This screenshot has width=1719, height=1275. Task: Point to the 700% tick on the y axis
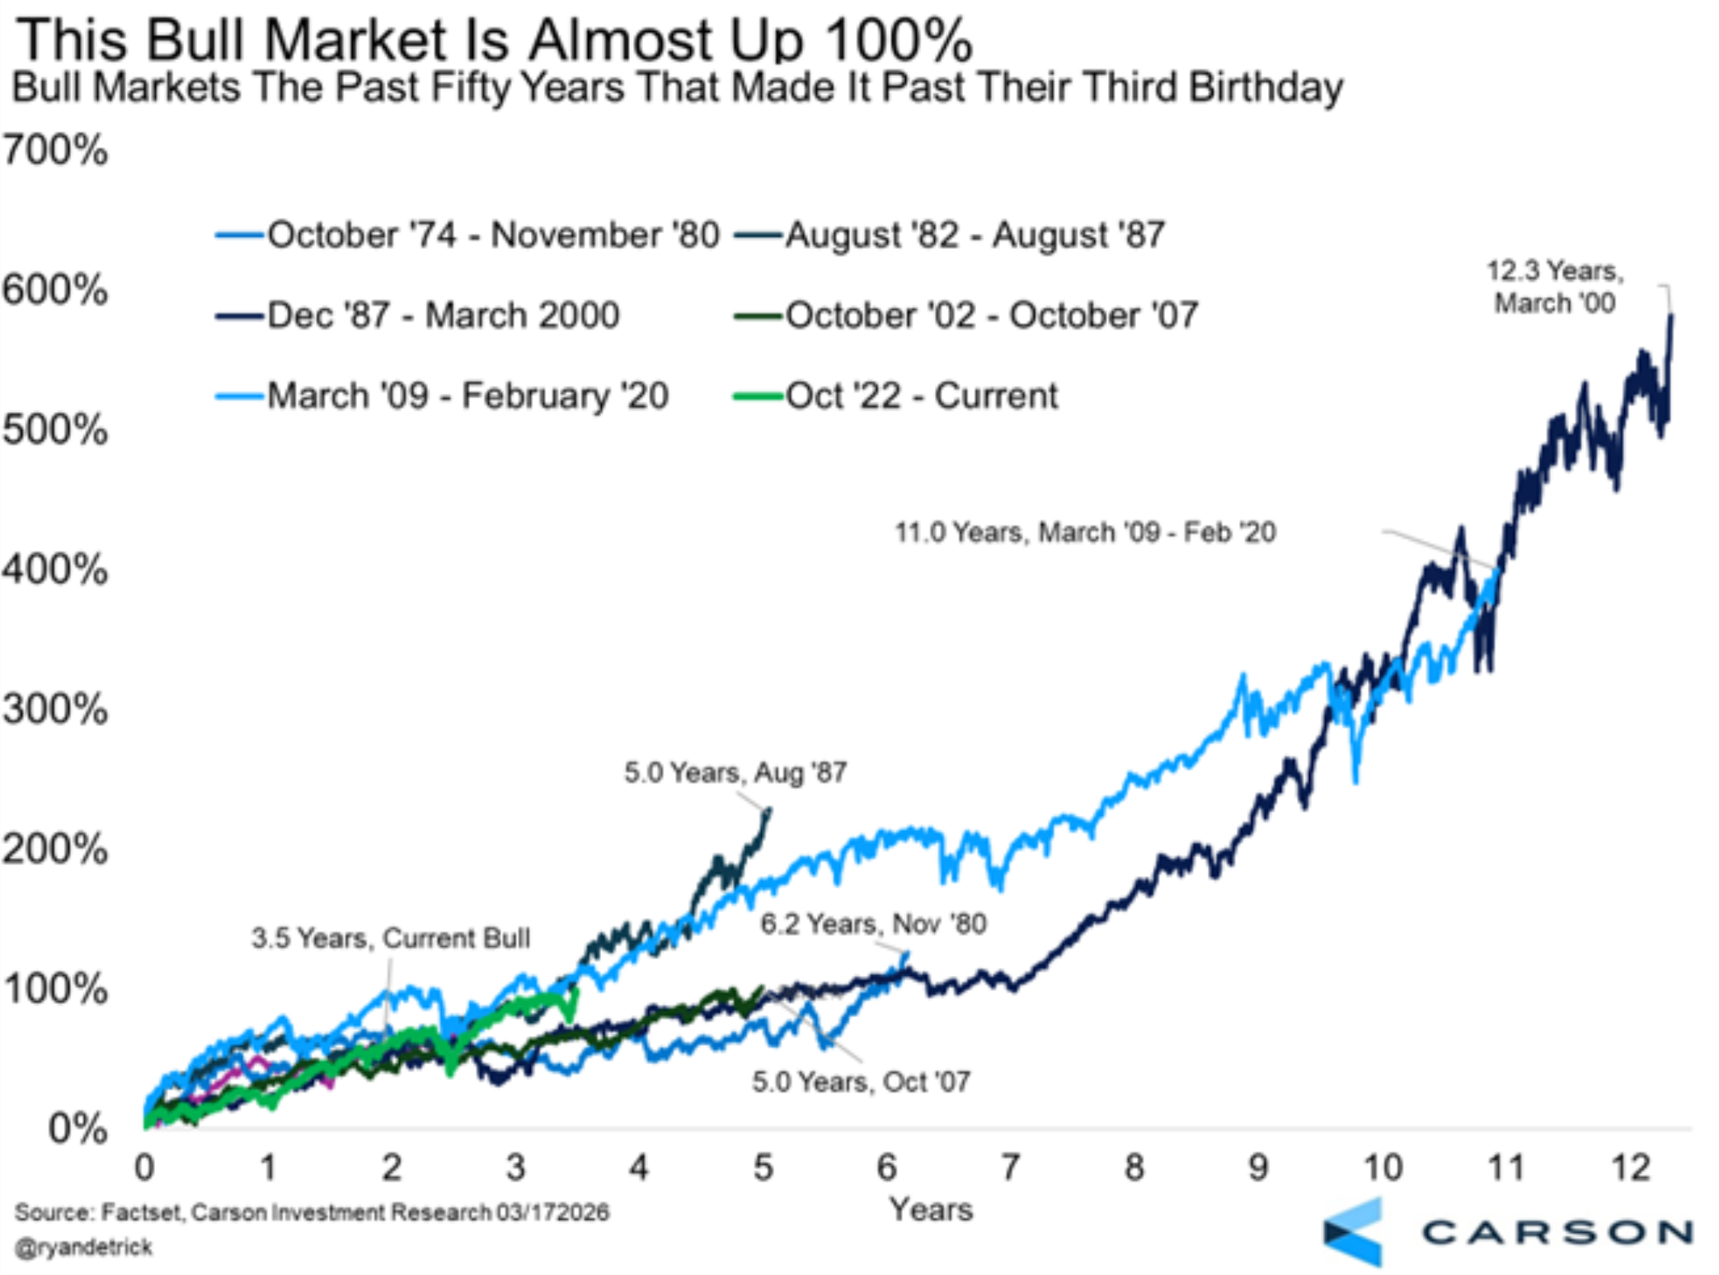[x=54, y=150]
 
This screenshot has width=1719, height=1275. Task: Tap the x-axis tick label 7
[x=1010, y=1167]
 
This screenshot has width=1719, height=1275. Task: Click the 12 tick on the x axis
[x=1630, y=1167]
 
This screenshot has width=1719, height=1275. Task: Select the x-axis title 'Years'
[x=931, y=1209]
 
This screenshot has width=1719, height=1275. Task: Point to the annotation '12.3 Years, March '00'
[x=1554, y=286]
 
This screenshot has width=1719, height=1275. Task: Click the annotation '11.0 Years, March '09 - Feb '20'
[x=1085, y=532]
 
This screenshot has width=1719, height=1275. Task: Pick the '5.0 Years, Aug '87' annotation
[x=735, y=772]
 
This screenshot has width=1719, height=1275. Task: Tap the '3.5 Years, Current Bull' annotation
[x=390, y=938]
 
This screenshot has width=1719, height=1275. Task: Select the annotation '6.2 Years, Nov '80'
[x=872, y=923]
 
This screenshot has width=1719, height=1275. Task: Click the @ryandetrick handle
[x=83, y=1247]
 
